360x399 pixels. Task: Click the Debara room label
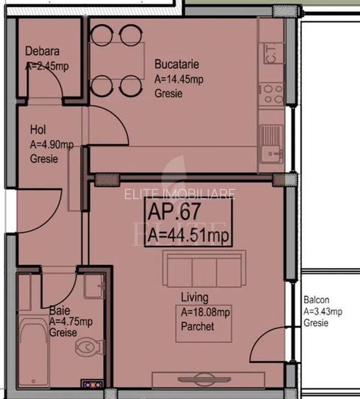(x=43, y=52)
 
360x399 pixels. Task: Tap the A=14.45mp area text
(x=179, y=80)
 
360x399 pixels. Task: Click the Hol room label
(x=38, y=130)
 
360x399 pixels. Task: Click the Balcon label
(x=316, y=300)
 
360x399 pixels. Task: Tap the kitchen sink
(x=271, y=141)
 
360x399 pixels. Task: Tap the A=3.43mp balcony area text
(x=322, y=311)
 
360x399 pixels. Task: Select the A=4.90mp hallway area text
(x=52, y=145)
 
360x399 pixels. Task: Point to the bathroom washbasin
(x=92, y=286)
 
